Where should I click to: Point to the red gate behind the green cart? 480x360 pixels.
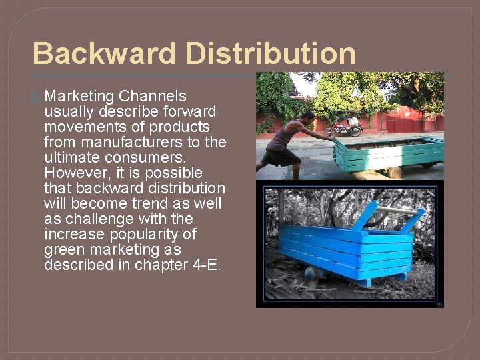coord(405,123)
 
